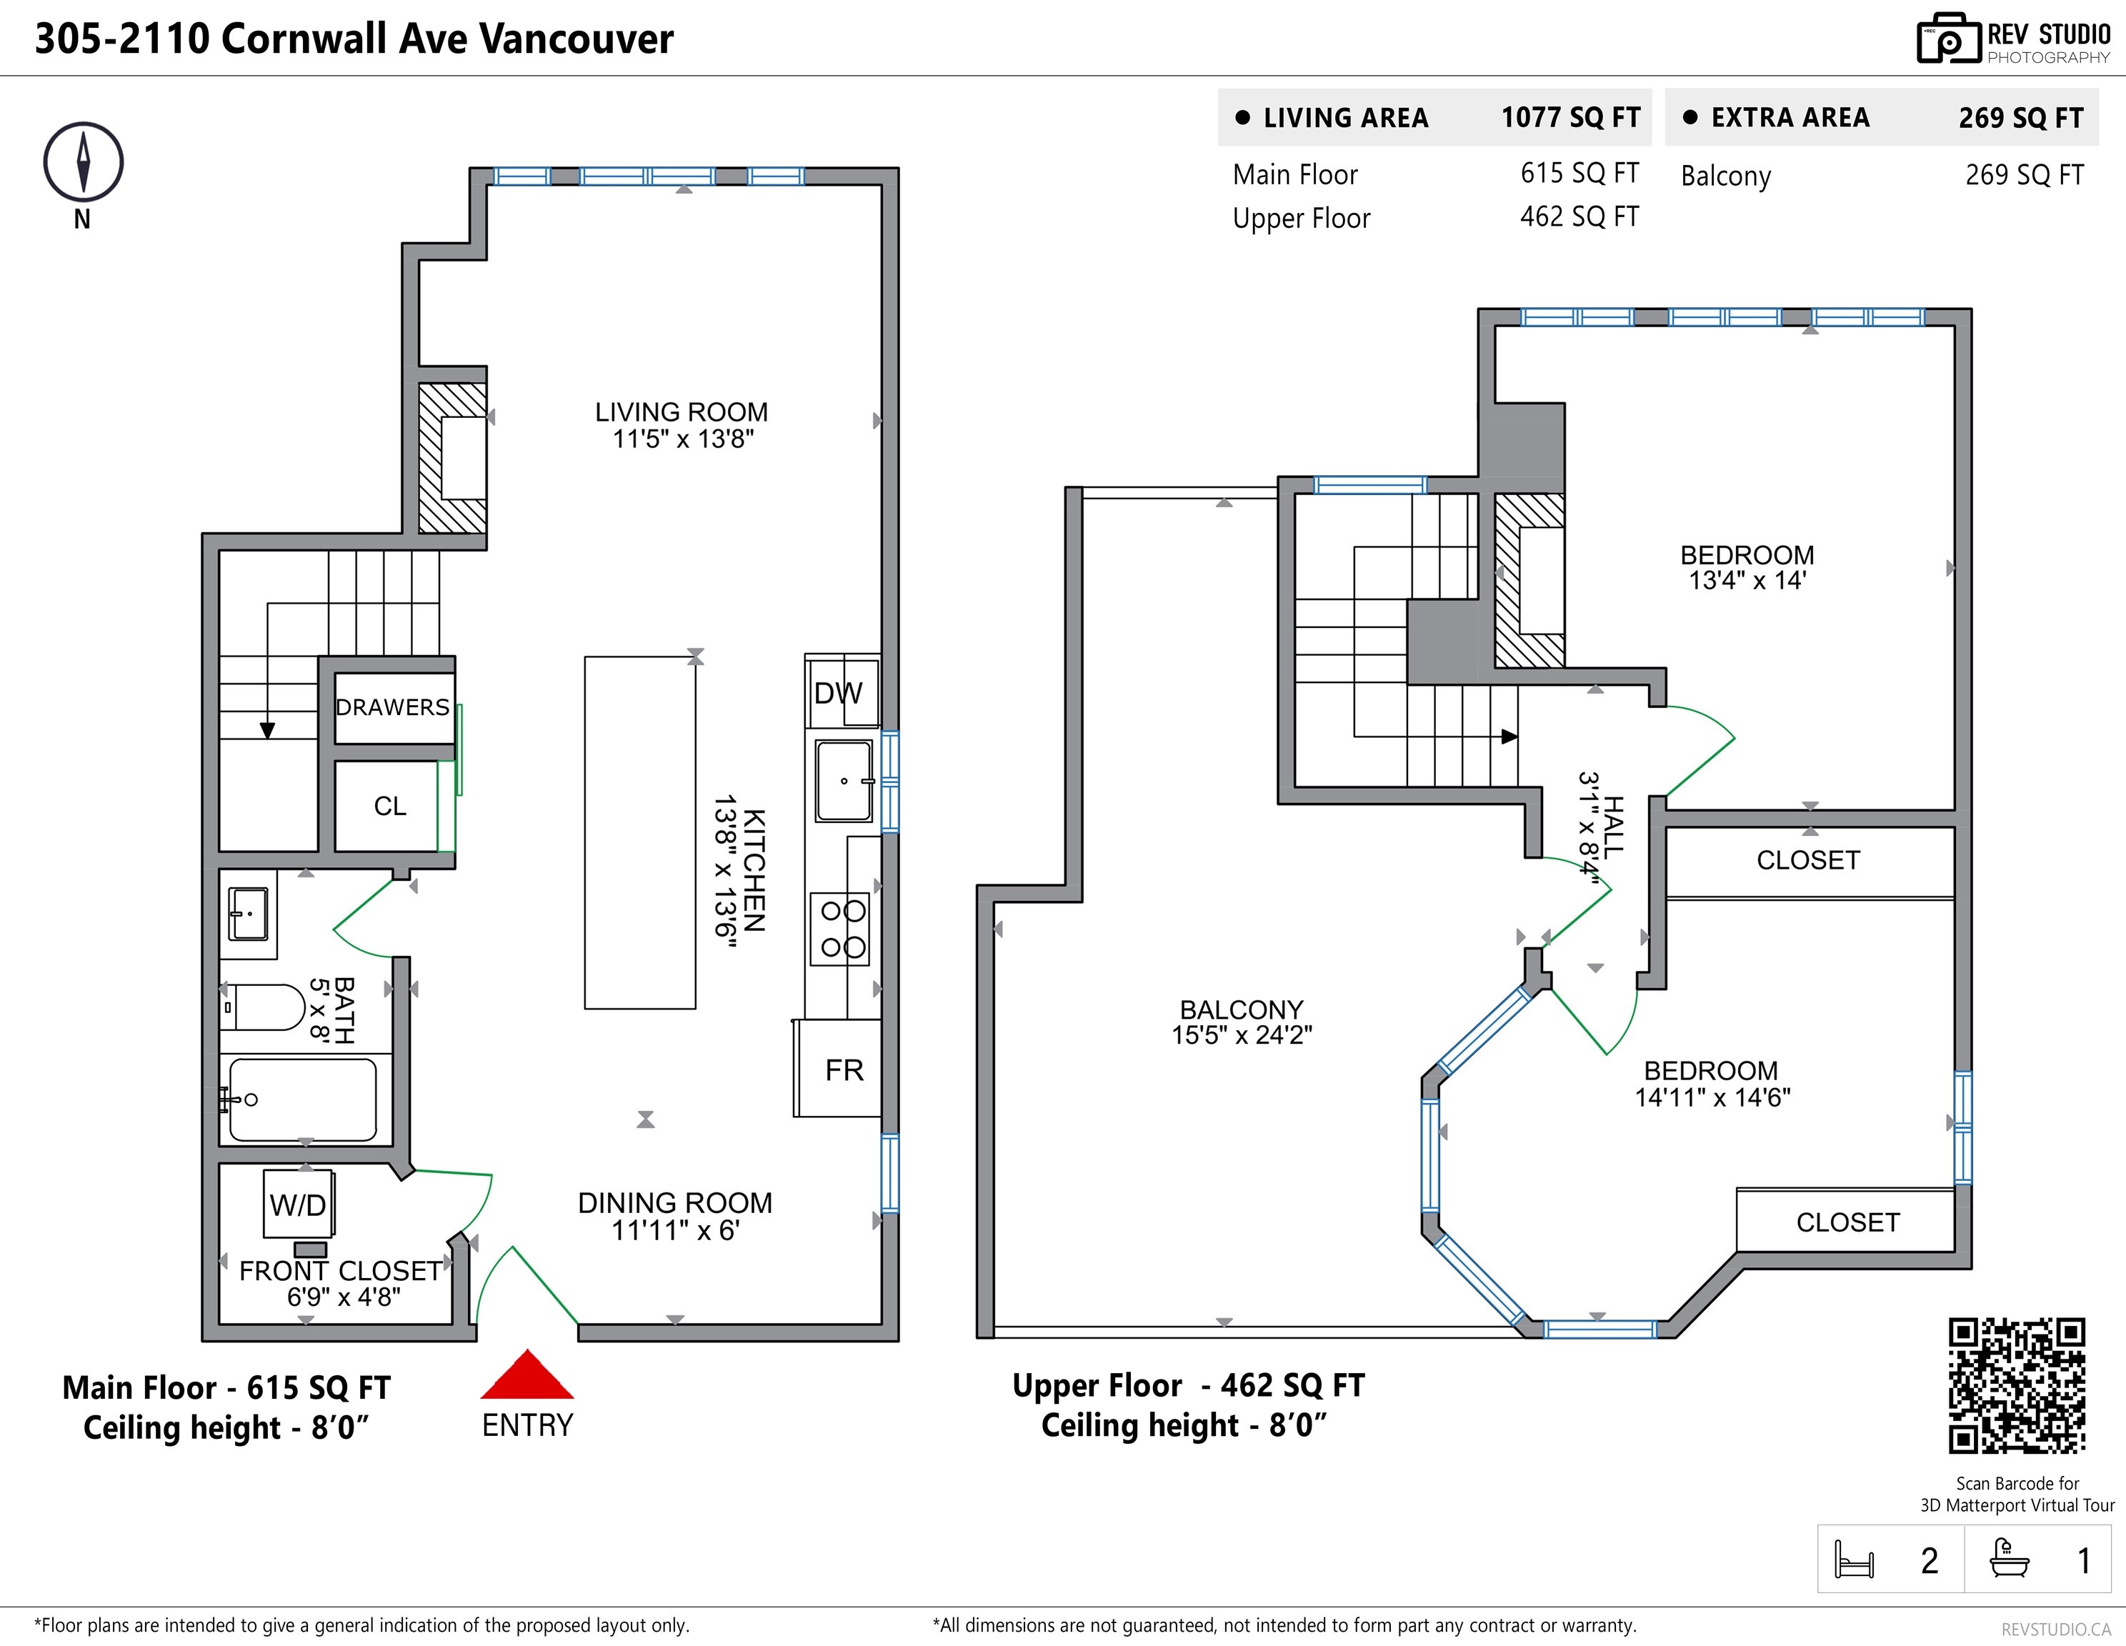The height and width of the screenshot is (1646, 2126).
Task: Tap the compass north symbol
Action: tap(84, 163)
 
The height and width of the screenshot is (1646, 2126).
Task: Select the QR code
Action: tap(2017, 1386)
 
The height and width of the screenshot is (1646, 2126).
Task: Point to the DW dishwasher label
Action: tap(838, 693)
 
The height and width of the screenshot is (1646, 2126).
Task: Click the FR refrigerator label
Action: tap(844, 1069)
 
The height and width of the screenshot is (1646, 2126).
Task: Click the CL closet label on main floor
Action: tap(390, 806)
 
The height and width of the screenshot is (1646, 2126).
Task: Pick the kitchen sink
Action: tap(844, 781)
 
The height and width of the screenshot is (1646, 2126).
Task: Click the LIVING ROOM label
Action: tap(682, 411)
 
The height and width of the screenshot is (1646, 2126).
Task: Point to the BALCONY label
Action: tap(1241, 1009)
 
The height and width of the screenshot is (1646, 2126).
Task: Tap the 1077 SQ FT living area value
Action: tap(1570, 118)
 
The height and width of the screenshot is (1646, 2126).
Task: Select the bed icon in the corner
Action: tap(1853, 1560)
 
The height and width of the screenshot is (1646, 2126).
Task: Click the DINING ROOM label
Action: tap(674, 1203)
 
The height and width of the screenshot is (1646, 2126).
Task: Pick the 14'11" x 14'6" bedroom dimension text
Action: tap(1712, 1098)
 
